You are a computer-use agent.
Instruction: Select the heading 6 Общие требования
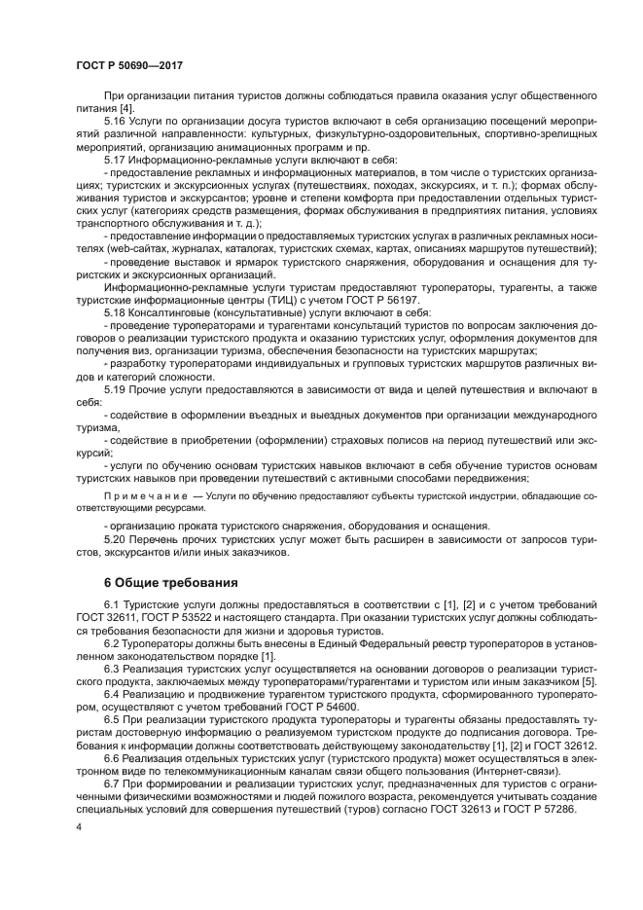pos(170,583)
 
